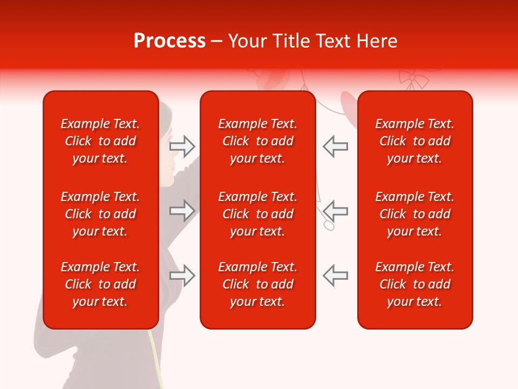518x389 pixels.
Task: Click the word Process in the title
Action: pos(169,41)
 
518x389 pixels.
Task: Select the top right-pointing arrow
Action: pos(182,146)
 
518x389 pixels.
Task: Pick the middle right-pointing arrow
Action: pos(182,211)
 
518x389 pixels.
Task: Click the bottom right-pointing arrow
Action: pos(182,276)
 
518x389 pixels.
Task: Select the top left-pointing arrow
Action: pos(336,146)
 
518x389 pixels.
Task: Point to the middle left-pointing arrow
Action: pos(336,211)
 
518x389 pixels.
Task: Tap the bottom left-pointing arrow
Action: pos(336,276)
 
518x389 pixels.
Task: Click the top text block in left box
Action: pos(100,141)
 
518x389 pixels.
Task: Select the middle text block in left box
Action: pos(100,214)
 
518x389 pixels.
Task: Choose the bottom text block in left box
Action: pos(100,284)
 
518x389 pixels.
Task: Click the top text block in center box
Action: pos(257,141)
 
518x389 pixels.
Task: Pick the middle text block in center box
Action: pos(257,214)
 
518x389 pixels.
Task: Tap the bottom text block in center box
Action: pos(257,284)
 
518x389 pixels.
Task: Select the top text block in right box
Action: pos(414,141)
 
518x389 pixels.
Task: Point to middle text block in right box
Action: pos(414,214)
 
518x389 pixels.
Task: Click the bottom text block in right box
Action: pos(414,284)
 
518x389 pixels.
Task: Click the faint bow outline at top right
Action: pos(413,79)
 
